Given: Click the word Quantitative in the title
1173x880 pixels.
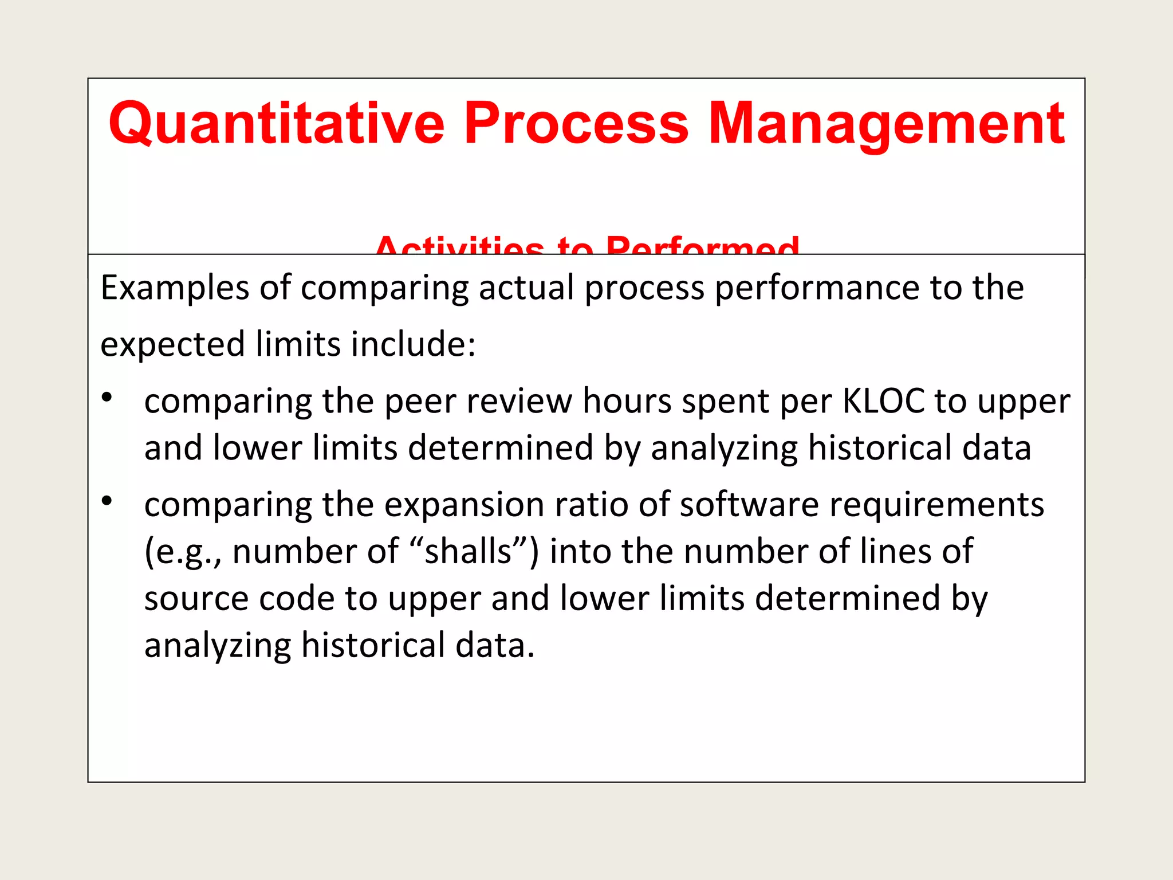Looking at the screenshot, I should coord(277,123).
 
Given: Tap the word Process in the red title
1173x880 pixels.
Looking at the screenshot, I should coord(576,123).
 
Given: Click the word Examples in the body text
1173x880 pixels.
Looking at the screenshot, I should coord(175,288).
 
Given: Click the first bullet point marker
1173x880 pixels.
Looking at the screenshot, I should coord(107,396).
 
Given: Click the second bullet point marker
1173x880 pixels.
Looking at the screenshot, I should coord(107,501).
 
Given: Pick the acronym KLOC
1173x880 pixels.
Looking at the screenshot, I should coord(884,400).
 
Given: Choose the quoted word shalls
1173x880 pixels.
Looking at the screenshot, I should coord(468,551).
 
